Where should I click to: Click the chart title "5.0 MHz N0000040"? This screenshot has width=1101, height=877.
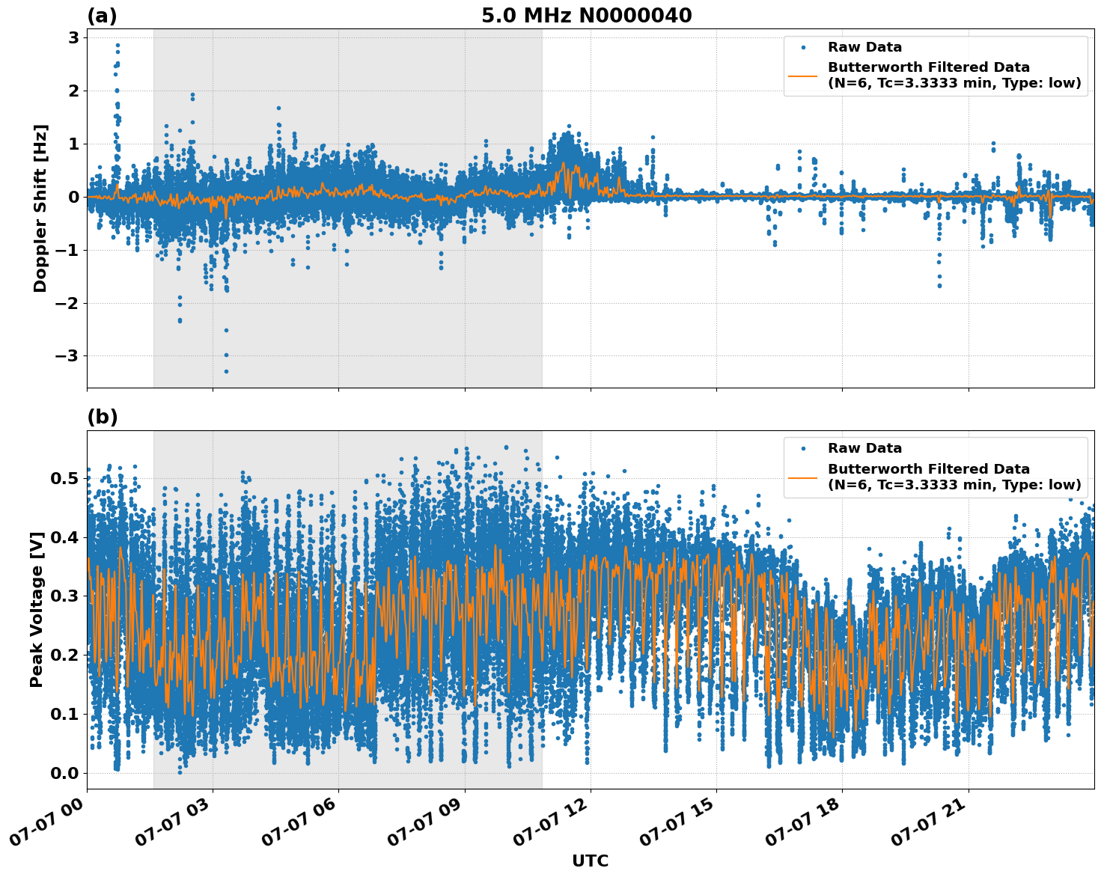586,16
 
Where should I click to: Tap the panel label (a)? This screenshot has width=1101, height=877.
102,16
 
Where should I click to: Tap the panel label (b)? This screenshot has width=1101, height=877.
102,417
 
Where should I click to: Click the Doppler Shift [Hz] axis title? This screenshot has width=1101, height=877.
40,208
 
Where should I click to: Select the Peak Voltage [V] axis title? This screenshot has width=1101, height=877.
37,609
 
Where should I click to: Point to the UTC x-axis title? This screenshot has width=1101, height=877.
590,861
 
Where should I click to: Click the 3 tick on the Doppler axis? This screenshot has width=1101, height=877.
74,37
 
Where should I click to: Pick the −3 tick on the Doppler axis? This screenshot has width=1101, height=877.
67,356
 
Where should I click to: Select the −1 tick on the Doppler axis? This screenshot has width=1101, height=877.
67,250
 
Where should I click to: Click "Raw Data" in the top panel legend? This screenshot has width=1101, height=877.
864,47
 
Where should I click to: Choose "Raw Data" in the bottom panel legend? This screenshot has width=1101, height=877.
864,448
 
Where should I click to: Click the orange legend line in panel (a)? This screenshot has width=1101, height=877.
803,76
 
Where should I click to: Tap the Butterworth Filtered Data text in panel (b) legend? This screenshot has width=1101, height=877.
928,469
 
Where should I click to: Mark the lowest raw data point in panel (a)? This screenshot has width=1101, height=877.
226,371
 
